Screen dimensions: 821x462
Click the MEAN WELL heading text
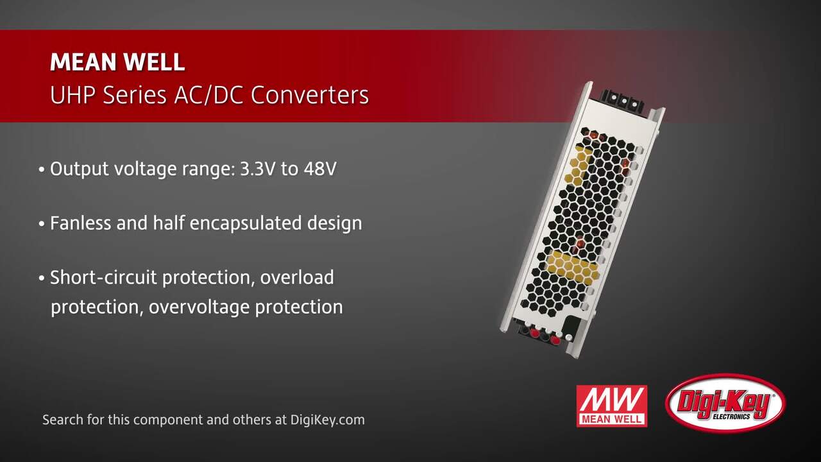pos(117,62)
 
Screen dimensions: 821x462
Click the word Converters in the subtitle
pos(310,95)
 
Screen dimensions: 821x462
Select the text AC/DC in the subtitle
pos(208,95)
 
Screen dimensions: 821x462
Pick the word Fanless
pos(81,223)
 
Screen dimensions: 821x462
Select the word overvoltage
pos(199,307)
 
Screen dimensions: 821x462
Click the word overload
pos(297,277)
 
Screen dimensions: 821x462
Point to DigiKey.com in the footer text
pos(327,420)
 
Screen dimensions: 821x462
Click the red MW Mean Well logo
pos(612,406)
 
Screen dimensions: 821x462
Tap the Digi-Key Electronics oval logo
pos(725,404)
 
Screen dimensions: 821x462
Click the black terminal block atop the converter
pos(622,99)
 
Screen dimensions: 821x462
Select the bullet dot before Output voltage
pos(42,170)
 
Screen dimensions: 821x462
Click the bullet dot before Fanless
pos(42,224)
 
